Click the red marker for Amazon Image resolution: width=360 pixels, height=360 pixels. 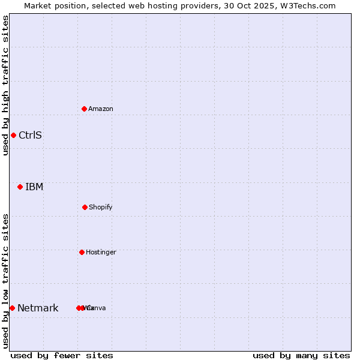(x=85, y=109)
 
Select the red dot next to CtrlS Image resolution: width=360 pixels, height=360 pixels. (x=13, y=135)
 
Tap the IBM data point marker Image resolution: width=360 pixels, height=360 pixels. (x=20, y=187)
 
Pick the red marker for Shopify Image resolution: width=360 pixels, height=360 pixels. (x=85, y=207)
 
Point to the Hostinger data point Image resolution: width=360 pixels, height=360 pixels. (x=82, y=252)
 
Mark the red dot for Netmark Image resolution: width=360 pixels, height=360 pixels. (x=12, y=308)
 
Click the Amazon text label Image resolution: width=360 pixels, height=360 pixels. (x=101, y=109)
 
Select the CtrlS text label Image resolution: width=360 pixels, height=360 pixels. (x=30, y=135)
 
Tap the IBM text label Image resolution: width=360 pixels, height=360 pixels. (x=34, y=187)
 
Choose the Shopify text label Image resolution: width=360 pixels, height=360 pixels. (x=101, y=207)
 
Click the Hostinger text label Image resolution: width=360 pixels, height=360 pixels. (x=101, y=252)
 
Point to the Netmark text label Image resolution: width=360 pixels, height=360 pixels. (x=38, y=308)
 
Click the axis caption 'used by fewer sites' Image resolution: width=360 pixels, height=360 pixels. (x=62, y=355)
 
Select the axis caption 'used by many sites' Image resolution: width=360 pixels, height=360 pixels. (x=301, y=355)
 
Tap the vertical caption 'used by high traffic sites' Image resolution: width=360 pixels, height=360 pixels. (x=5, y=85)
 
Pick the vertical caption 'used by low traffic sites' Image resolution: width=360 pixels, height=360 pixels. (x=5, y=280)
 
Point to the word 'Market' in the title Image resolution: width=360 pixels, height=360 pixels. (x=38, y=5)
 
